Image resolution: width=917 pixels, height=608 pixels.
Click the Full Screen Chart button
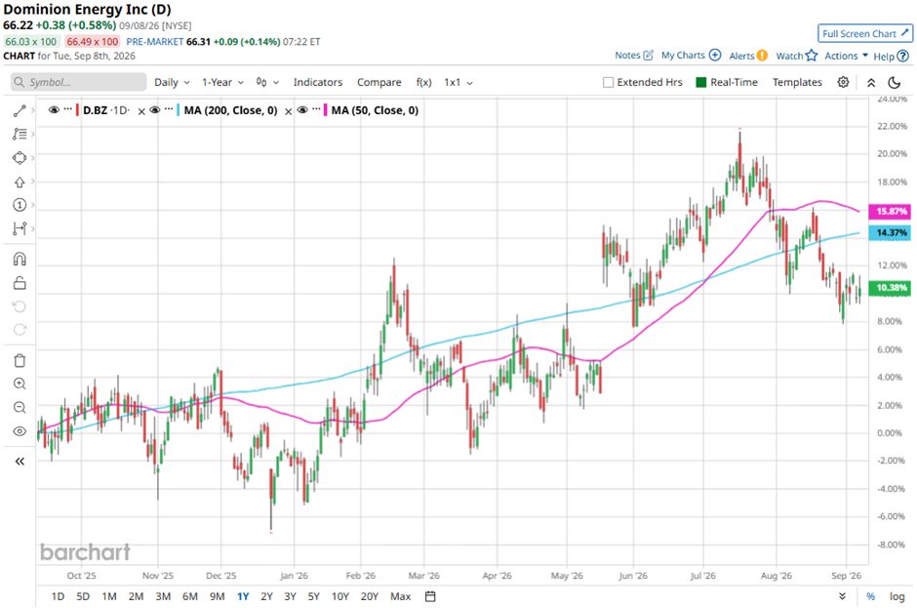point(865,33)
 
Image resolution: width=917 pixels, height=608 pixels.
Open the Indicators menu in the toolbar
point(318,83)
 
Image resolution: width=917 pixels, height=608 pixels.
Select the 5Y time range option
point(313,596)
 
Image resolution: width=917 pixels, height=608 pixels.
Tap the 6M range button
point(190,596)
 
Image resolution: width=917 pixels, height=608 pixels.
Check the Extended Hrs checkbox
point(608,83)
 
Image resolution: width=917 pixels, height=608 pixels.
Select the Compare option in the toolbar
point(379,83)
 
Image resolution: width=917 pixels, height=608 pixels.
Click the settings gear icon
point(843,82)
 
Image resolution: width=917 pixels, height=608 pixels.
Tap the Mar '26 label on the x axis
point(424,575)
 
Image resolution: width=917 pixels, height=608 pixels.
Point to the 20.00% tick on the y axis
point(892,154)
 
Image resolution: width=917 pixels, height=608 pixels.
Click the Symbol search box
point(78,82)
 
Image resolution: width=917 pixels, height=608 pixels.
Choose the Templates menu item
point(797,83)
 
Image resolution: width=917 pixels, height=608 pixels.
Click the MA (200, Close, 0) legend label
point(230,110)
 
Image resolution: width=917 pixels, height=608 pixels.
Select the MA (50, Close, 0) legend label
point(375,110)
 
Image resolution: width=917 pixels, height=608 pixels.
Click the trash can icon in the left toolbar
point(20,360)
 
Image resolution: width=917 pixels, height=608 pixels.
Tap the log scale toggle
point(897,596)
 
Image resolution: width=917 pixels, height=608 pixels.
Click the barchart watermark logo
point(86,551)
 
